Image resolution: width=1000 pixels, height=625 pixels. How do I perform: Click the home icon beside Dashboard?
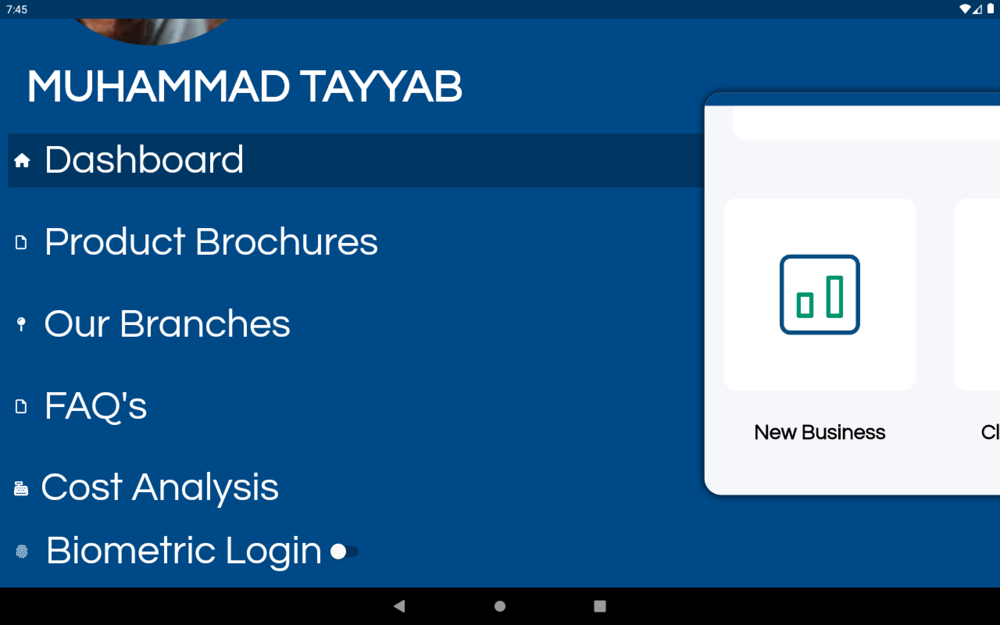(22, 160)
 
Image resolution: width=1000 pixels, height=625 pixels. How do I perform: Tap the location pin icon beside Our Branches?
(21, 324)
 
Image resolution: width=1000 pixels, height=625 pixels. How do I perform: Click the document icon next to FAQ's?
(21, 406)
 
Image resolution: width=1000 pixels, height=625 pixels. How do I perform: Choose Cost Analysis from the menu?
(160, 488)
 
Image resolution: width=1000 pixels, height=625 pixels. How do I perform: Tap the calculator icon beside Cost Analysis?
(21, 489)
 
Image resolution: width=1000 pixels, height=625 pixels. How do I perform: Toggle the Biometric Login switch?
(344, 551)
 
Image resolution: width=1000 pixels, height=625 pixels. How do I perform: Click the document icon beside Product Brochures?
(21, 242)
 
